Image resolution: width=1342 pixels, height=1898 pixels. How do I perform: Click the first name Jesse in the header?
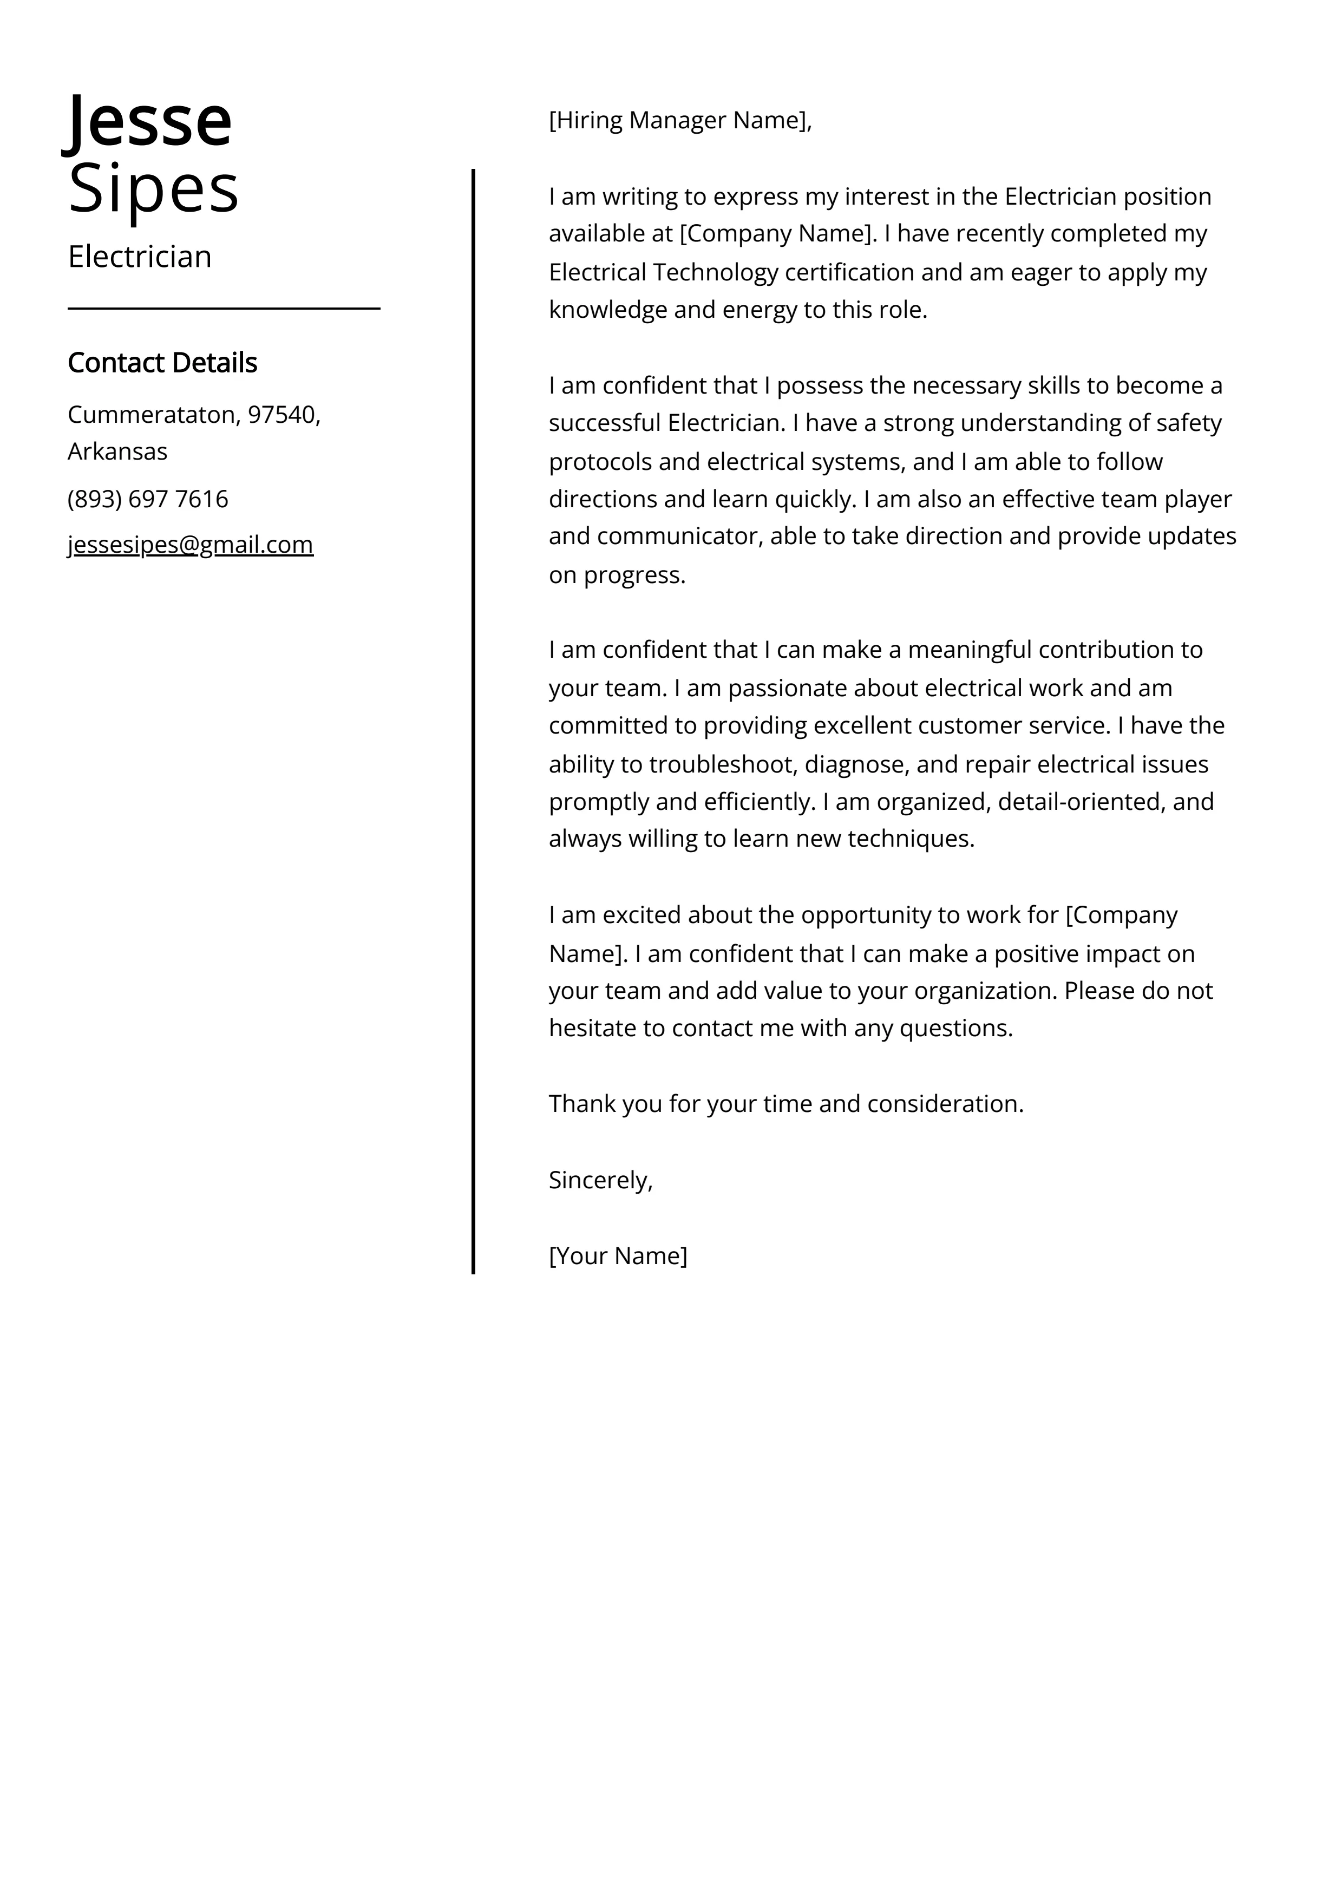tap(149, 121)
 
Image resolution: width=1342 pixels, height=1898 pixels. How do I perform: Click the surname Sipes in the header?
tap(153, 188)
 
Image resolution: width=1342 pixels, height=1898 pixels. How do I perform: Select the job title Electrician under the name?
tap(140, 257)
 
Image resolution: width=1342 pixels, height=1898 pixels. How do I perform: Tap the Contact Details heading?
tap(162, 363)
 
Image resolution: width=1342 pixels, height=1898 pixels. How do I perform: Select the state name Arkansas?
tap(117, 451)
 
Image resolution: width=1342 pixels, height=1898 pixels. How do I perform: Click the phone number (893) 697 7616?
tap(148, 499)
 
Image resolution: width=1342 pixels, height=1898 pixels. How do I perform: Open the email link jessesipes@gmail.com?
tap(190, 545)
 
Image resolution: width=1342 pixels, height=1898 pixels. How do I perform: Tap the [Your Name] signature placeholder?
tap(618, 1256)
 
